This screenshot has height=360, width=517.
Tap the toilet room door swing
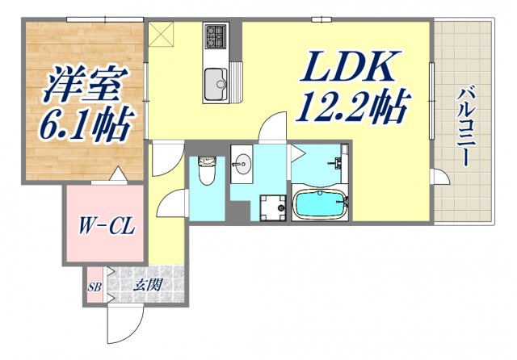coord(171,206)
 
